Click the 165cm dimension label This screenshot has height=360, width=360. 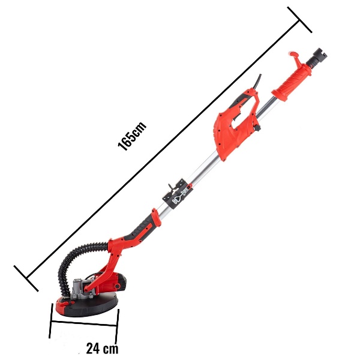tap(132, 136)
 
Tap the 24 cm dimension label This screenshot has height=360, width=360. tap(103, 348)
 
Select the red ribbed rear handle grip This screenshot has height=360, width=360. tap(292, 82)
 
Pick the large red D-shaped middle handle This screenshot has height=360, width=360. tap(236, 124)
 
